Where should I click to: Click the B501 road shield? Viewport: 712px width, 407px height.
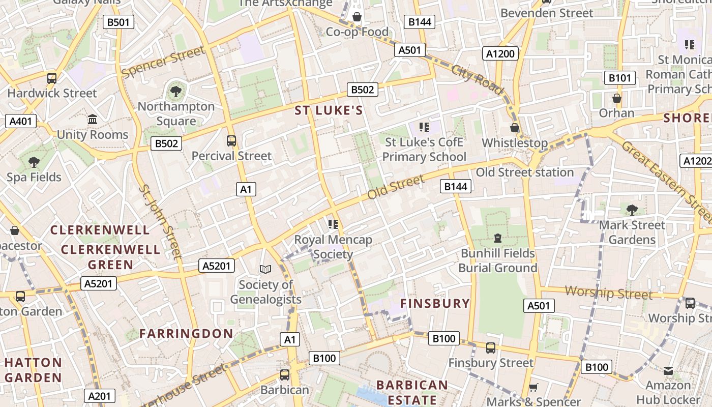(118, 22)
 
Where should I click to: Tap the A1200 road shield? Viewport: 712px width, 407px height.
(500, 54)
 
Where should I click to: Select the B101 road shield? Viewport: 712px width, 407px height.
(619, 78)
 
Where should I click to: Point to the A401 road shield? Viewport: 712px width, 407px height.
(20, 121)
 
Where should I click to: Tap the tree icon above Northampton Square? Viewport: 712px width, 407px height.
(176, 92)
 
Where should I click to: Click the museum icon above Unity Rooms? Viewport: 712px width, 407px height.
(93, 120)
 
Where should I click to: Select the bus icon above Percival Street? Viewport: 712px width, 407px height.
(231, 140)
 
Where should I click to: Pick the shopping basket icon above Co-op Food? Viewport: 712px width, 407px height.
(357, 17)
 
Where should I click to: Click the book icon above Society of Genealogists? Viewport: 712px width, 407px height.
(265, 269)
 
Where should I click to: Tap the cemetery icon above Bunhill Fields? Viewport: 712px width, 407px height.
(498, 238)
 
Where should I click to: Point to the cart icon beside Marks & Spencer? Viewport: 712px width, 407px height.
(533, 387)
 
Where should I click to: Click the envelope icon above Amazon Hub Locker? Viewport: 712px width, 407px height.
(668, 371)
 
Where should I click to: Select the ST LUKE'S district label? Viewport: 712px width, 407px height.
(329, 111)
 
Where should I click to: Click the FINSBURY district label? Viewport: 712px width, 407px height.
(435, 304)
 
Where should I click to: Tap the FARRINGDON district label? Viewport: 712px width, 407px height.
(186, 334)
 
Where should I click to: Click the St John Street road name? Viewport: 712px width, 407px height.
(160, 221)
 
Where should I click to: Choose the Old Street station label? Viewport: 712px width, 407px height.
(524, 172)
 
